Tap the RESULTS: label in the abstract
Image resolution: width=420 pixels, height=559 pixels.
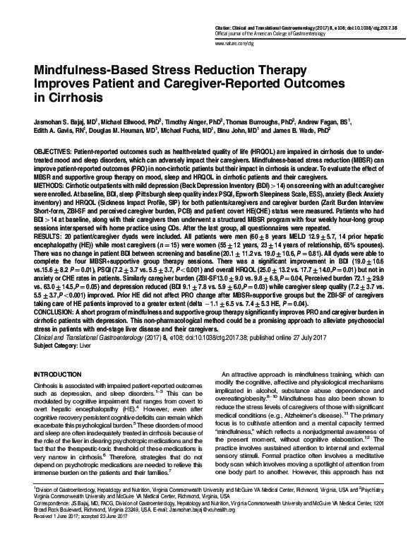pos(50,247)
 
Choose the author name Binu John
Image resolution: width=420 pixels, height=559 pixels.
pos(241,131)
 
